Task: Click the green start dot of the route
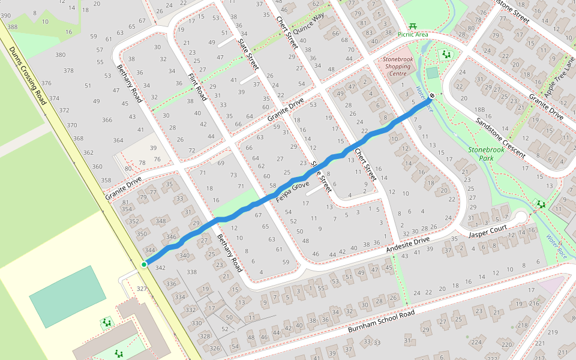pos(144,264)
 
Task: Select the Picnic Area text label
pos(413,35)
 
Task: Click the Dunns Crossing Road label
pos(28,77)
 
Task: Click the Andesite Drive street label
pos(408,243)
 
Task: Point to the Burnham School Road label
pos(381,322)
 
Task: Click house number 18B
pos(479,110)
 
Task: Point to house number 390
pos(5,14)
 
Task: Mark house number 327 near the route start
pos(142,289)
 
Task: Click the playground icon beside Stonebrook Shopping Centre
pos(446,55)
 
